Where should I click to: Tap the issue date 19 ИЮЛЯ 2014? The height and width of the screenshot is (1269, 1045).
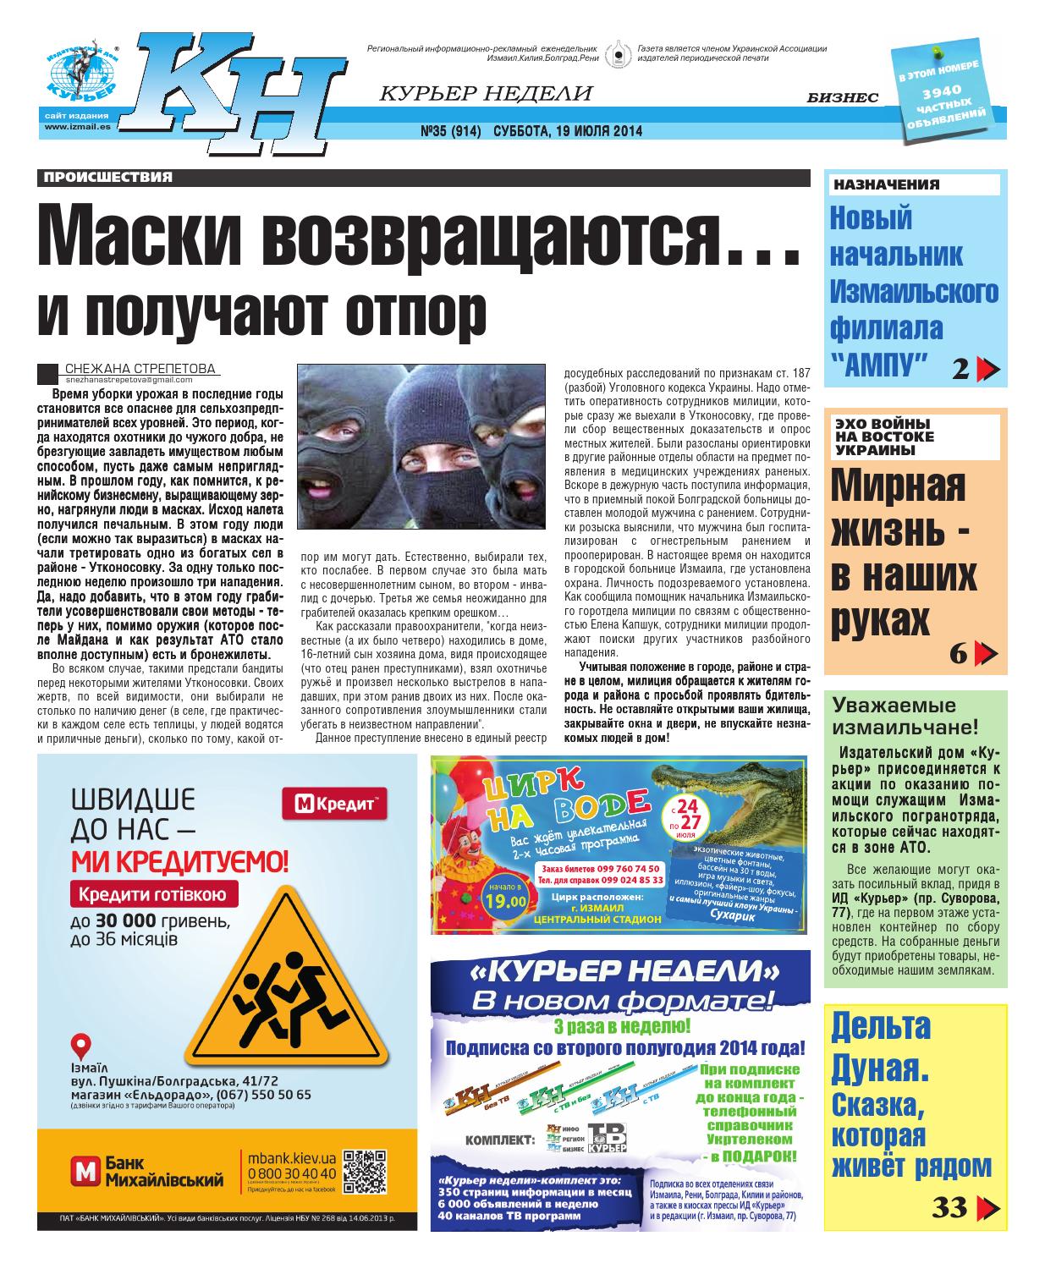click(600, 131)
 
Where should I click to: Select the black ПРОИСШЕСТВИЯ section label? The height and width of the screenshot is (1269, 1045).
click(107, 178)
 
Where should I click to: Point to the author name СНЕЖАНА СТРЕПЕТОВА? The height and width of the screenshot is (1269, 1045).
click(140, 368)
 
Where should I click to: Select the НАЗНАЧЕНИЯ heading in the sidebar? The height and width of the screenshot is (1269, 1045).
click(886, 184)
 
